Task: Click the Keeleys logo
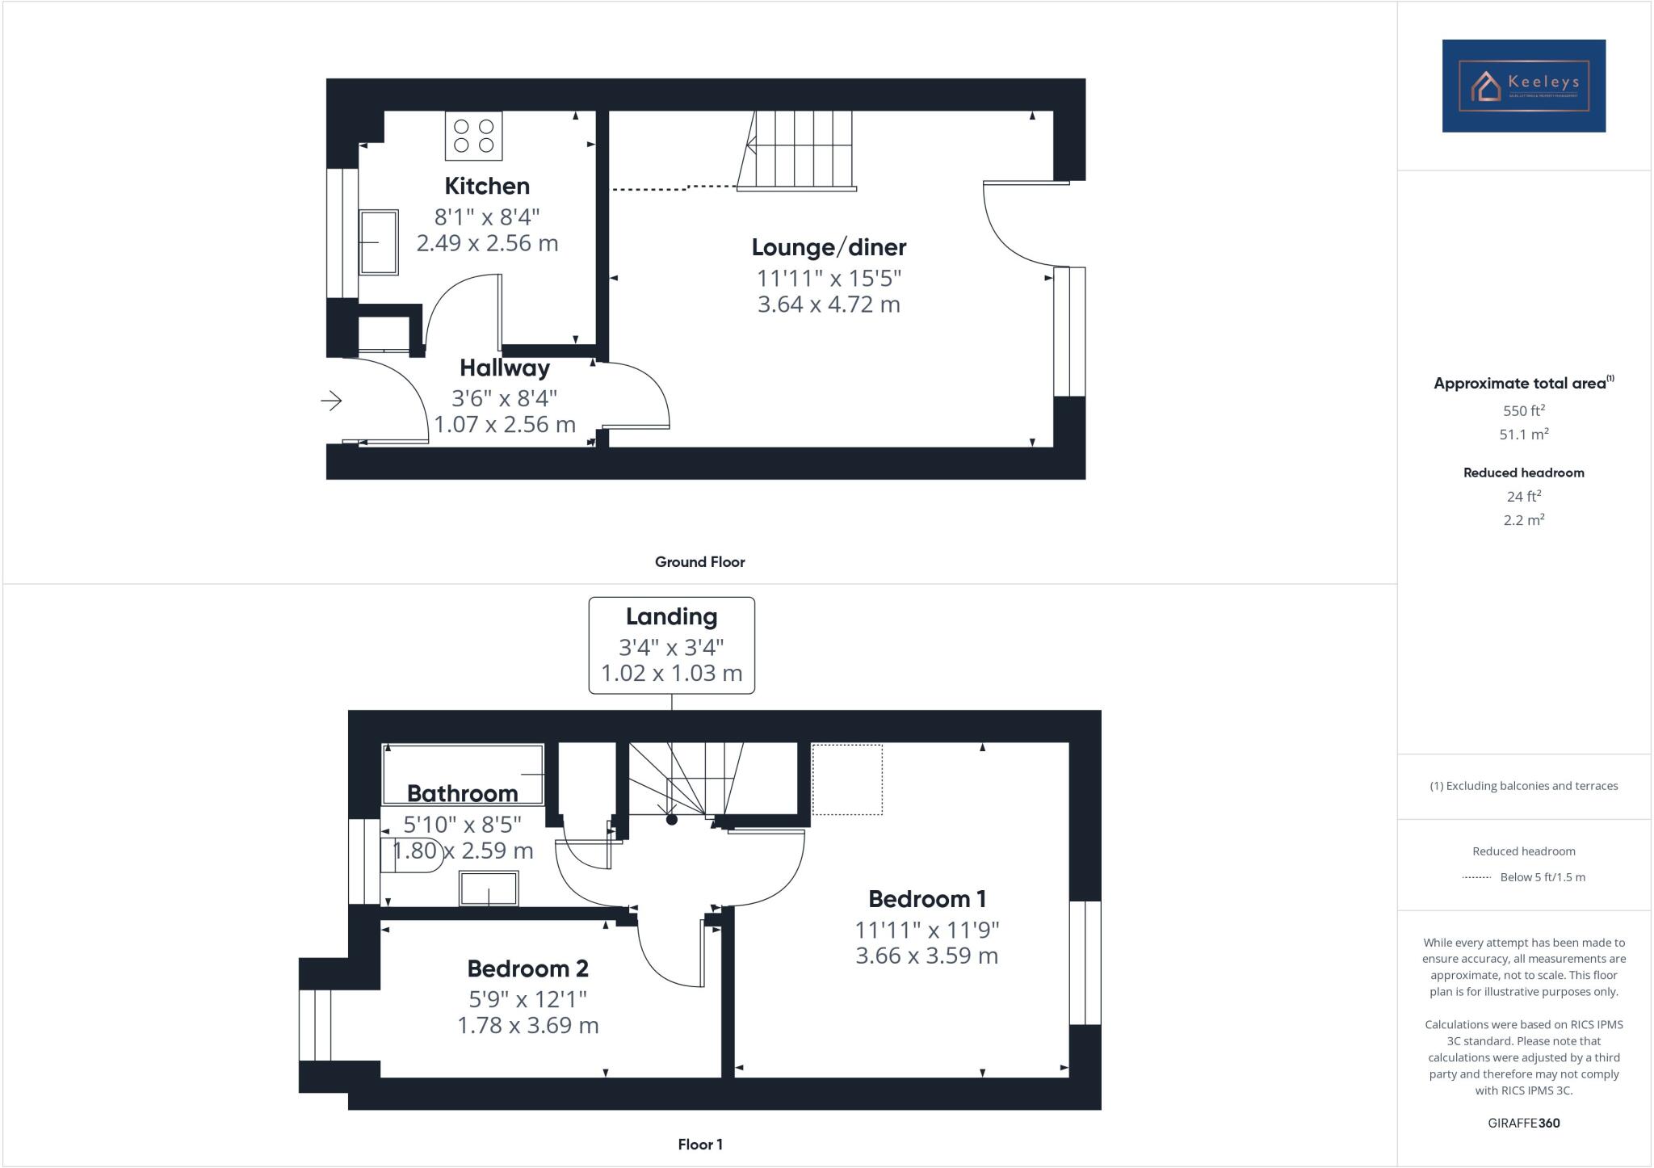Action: pos(1523,86)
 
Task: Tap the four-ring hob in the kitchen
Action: pos(473,136)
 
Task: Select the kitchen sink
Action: pos(378,242)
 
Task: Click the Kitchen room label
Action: pos(487,186)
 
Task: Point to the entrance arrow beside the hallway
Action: pos(331,400)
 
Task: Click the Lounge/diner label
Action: pos(829,247)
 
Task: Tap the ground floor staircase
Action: pos(796,149)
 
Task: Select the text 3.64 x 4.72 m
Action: pos(829,305)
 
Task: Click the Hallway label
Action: pos(505,368)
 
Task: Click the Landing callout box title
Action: pos(671,616)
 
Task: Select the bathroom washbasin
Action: pos(489,889)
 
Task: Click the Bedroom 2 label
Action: pos(527,968)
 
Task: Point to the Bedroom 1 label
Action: pos(926,898)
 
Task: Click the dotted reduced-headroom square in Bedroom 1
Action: pos(846,779)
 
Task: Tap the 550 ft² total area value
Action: pos(1523,410)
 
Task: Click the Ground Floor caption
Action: pos(699,561)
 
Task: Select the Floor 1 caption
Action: pos(699,1144)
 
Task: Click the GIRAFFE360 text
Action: pos(1523,1123)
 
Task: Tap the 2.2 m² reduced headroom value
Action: pos(1523,520)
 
